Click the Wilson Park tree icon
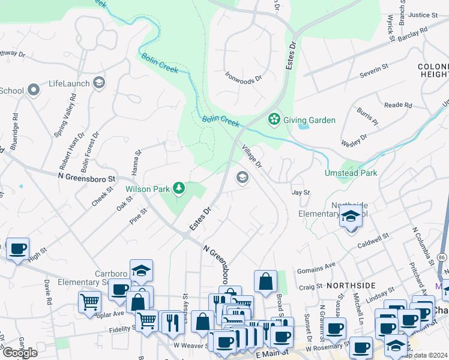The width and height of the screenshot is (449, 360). point(178,189)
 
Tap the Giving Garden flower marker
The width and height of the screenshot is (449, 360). point(274,119)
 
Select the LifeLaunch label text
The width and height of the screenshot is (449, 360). point(69,83)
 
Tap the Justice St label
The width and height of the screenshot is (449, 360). point(424,15)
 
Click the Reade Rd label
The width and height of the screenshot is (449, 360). point(397,105)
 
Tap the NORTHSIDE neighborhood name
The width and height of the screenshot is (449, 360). point(351,286)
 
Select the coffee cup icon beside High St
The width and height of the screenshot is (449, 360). point(17,248)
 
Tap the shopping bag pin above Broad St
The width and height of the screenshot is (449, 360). point(265,281)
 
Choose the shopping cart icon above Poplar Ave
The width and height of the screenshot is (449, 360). point(90,302)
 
